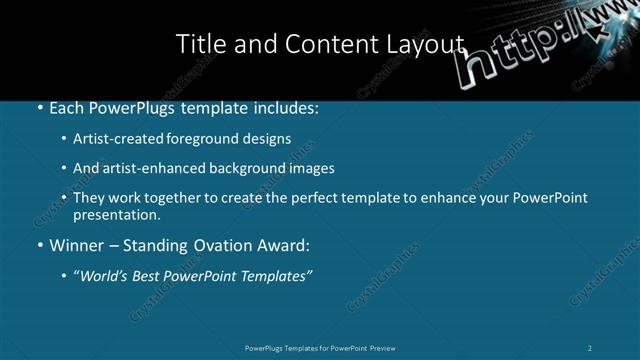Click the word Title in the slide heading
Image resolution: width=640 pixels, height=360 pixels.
pos(199,44)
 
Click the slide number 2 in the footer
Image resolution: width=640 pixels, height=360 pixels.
pos(590,348)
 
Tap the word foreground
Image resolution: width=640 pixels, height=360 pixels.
pos(206,139)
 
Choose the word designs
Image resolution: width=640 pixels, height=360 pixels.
pos(267,139)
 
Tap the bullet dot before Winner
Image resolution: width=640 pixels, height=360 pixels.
pos(39,245)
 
